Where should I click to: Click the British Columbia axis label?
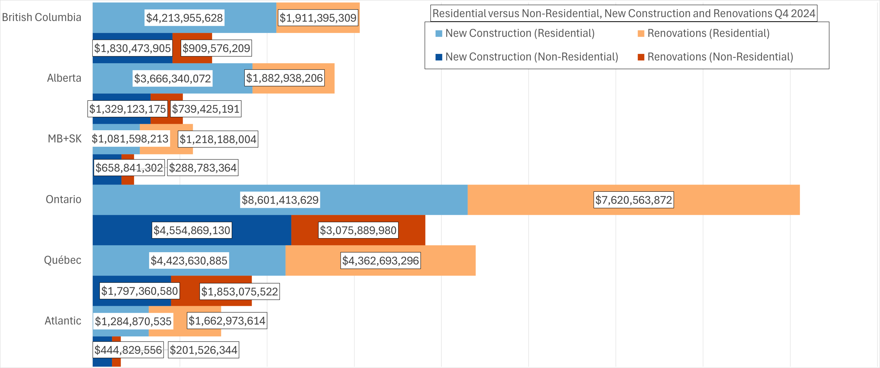click(x=42, y=17)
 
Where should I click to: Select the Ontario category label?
click(x=63, y=199)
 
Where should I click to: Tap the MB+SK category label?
click(x=64, y=138)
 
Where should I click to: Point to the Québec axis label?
click(x=63, y=260)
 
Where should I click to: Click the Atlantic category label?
click(x=63, y=321)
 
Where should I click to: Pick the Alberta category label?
click(x=64, y=78)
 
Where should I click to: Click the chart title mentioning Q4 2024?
click(x=624, y=13)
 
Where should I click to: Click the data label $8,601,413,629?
click(x=280, y=200)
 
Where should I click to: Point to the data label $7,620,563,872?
click(x=634, y=200)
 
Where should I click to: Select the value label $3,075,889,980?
click(x=358, y=230)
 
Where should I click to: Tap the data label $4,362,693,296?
click(x=381, y=261)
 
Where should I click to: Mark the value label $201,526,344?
click(x=203, y=350)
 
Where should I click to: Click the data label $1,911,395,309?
click(x=318, y=18)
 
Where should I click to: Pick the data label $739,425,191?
click(x=206, y=109)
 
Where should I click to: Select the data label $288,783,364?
click(x=203, y=168)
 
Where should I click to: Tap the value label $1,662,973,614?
click(x=227, y=321)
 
